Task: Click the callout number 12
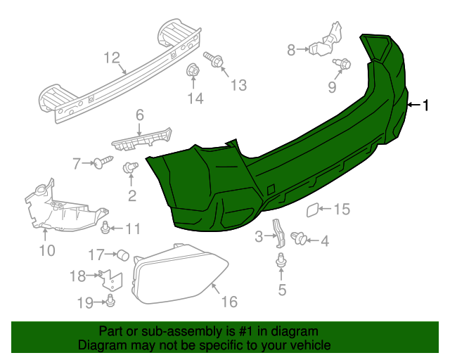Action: click(112, 57)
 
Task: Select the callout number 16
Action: click(229, 302)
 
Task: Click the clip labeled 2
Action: click(129, 168)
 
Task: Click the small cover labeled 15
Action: click(311, 208)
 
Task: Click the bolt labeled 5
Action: click(282, 262)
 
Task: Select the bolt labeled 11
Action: click(105, 226)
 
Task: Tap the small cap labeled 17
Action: click(123, 254)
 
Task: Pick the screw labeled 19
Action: click(111, 302)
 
